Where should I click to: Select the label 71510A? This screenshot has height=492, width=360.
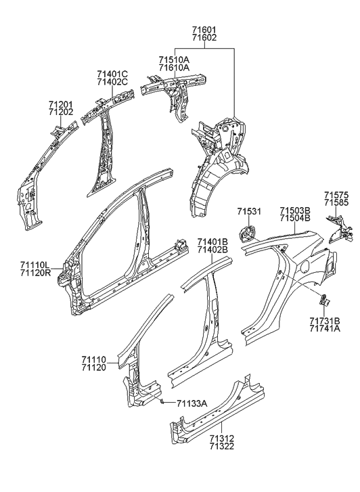(x=175, y=60)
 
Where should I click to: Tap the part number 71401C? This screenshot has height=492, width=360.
(x=112, y=73)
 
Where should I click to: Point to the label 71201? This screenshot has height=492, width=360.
(x=60, y=105)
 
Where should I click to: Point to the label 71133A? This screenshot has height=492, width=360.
(x=192, y=404)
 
